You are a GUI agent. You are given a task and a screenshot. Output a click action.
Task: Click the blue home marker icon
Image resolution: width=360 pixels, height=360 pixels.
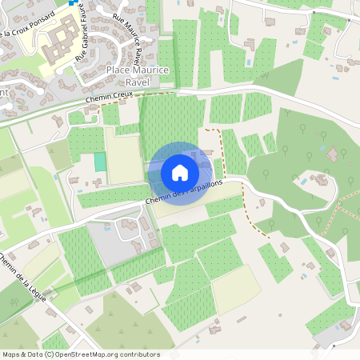[x=180, y=173]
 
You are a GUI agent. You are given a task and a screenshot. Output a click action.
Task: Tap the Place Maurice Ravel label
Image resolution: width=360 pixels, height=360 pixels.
[x=138, y=75]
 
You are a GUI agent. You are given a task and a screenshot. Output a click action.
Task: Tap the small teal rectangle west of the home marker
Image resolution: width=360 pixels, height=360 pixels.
[x=100, y=161]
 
